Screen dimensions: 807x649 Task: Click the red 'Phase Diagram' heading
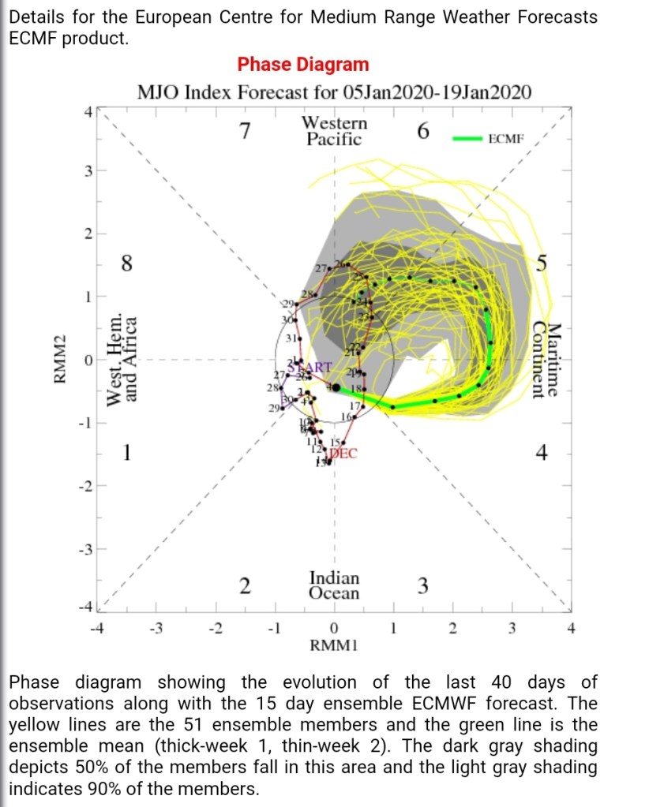coord(303,65)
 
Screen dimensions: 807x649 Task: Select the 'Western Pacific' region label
coord(334,132)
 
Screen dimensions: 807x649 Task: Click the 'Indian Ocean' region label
coord(334,585)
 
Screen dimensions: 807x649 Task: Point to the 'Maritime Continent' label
coord(546,361)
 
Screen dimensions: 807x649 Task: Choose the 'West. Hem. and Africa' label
coord(120,357)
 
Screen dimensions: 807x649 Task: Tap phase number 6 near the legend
coord(422,132)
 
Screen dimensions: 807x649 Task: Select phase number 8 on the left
coord(126,263)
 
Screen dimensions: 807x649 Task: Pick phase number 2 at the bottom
coord(246,586)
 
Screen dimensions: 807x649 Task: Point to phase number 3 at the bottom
coord(422,586)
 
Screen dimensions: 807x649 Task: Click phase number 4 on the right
coord(542,453)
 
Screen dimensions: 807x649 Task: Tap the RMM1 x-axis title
coord(334,646)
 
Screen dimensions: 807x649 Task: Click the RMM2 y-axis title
coord(58,360)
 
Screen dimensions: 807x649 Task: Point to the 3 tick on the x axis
coord(512,629)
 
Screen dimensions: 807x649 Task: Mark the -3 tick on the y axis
coord(89,549)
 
